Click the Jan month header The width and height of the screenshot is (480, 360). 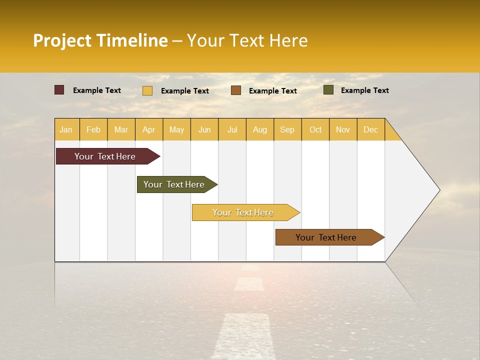tap(66, 129)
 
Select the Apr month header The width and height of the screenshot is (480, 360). tap(148, 129)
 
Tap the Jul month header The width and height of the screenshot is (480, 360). tap(232, 129)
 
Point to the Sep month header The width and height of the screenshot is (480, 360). tap(287, 129)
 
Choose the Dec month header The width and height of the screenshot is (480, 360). tap(370, 129)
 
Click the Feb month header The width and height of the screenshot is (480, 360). tap(93, 129)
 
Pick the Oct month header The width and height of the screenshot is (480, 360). tap(315, 129)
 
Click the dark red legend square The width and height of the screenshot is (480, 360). tap(59, 90)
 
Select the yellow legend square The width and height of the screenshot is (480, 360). tap(147, 90)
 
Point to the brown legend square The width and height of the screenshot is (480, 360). tap(236, 90)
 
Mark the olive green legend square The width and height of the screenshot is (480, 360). tap(328, 90)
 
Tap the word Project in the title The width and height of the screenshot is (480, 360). tap(62, 40)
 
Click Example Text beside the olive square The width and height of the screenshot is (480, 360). tap(364, 90)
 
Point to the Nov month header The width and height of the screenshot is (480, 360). tap(343, 129)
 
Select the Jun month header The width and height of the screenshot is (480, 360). tap(204, 129)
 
